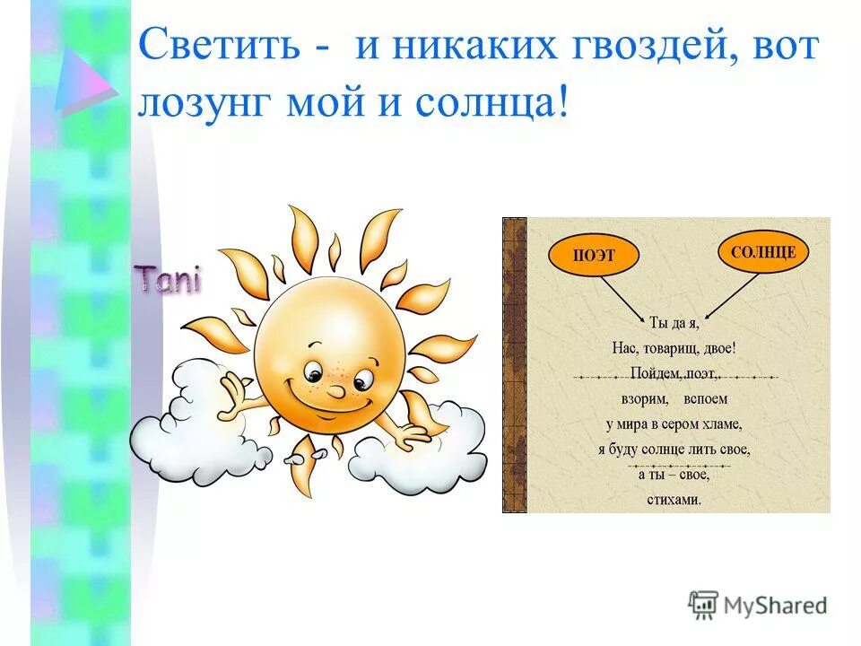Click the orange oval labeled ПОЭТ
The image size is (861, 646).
[x=594, y=256]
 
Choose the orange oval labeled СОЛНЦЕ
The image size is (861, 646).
[x=762, y=252]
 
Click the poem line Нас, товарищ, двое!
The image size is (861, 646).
[x=673, y=346]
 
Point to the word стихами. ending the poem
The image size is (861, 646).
[x=673, y=500]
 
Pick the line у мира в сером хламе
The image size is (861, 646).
[x=673, y=423]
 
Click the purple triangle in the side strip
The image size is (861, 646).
[x=83, y=83]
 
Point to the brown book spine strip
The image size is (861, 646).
[x=514, y=364]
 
